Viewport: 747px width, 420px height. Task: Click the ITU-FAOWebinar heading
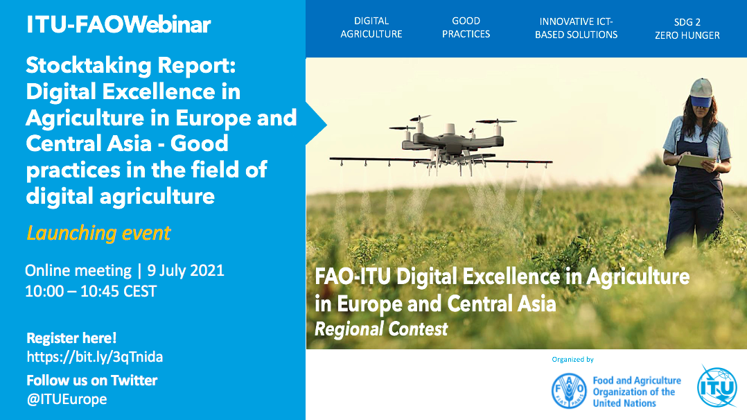[118, 24]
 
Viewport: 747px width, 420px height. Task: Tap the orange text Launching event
[98, 233]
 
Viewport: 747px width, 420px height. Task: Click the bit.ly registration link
[94, 357]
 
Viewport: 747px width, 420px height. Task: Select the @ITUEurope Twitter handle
[67, 399]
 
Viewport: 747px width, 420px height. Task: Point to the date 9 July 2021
[185, 270]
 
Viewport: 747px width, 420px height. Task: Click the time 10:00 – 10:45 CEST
[91, 291]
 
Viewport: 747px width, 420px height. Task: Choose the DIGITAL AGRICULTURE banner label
[371, 28]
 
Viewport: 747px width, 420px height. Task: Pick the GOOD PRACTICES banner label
[466, 28]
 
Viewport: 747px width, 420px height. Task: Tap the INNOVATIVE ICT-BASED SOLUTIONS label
[576, 28]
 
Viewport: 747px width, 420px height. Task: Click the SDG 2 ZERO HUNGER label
[687, 28]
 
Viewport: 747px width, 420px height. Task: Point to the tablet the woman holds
[696, 161]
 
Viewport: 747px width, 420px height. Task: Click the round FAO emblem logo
[569, 391]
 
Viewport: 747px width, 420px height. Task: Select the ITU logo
[717, 387]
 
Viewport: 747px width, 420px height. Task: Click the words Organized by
[572, 360]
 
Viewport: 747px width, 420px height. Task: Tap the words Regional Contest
[381, 329]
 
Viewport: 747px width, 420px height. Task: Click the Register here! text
[71, 338]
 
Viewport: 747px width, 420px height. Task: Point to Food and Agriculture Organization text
[637, 392]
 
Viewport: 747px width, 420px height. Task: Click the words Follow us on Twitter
[91, 380]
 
